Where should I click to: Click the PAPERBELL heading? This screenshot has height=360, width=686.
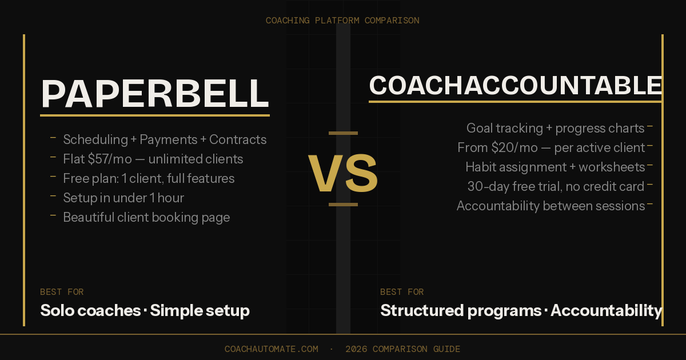pos(155,94)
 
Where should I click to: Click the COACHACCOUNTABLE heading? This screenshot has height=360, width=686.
pos(515,86)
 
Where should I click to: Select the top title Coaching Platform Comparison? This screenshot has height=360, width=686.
pos(342,21)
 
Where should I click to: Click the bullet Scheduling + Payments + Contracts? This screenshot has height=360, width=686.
pos(165,139)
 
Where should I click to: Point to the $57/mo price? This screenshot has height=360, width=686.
pos(109,159)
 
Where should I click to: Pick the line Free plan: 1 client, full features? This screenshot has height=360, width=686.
pos(149,178)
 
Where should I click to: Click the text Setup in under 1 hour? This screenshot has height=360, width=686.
pos(123,198)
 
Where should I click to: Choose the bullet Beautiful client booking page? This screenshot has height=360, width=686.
pos(146,217)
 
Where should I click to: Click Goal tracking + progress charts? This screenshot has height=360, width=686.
pos(555,128)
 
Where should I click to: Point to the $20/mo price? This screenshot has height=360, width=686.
pos(514,147)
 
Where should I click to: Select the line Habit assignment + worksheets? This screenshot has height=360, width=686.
pos(555,167)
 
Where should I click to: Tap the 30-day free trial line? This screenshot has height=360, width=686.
pos(556,186)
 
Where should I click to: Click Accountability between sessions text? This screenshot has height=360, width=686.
pos(551,206)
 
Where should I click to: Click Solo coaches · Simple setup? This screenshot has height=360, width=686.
pos(145,311)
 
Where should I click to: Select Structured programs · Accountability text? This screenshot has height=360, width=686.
pos(521,311)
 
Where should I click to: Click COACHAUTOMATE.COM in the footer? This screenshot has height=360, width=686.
pos(271,349)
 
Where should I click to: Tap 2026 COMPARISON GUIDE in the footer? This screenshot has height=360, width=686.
pos(402,349)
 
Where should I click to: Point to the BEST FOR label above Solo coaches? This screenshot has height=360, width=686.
pos(62,292)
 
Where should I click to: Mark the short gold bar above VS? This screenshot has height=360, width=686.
pos(343,133)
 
